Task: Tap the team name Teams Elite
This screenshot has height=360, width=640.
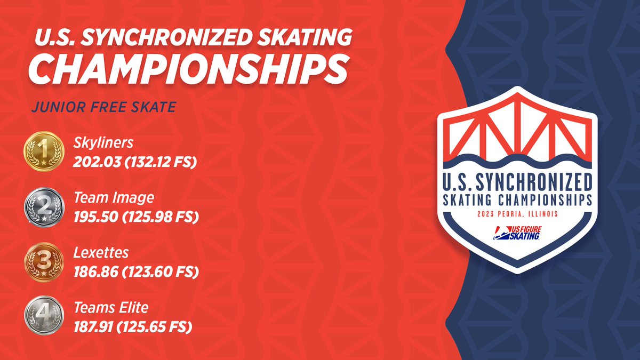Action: [111, 307]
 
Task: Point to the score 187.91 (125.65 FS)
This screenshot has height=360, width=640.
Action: [132, 326]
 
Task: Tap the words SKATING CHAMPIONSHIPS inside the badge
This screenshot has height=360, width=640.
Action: [517, 200]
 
